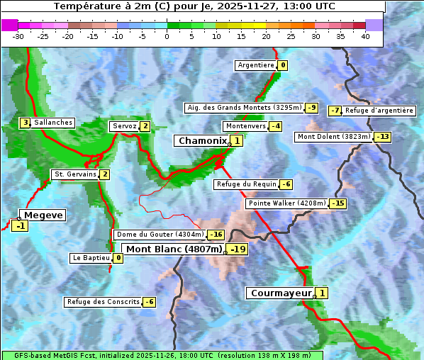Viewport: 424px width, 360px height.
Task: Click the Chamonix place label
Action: point(202,141)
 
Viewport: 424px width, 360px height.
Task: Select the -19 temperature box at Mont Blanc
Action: point(237,249)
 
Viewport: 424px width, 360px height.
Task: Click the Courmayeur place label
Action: point(281,293)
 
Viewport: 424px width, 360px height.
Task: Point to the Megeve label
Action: point(43,215)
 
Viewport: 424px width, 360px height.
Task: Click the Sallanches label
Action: point(52,123)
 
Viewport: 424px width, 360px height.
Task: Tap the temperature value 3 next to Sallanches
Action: point(25,123)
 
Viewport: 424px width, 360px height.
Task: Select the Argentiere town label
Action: point(256,65)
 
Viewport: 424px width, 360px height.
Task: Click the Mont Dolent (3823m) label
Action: point(334,137)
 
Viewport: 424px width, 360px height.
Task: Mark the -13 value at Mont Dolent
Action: point(383,137)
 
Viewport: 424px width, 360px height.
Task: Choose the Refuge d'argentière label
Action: point(379,111)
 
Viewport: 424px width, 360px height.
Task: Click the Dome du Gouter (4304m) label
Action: point(160,235)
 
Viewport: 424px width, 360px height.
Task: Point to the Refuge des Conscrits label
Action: point(103,302)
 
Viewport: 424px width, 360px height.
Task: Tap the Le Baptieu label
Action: point(91,258)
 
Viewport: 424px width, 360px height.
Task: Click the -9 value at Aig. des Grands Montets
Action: point(312,108)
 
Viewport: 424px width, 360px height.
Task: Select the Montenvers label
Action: point(245,126)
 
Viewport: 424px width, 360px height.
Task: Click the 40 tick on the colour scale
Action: point(365,36)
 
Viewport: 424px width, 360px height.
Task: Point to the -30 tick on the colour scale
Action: point(18,36)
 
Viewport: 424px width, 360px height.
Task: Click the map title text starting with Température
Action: point(194,6)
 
